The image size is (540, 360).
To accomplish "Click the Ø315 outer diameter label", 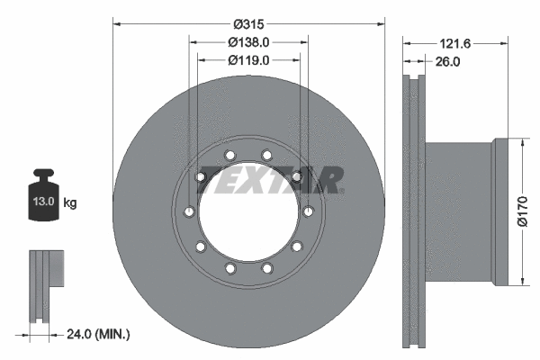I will click(x=249, y=22).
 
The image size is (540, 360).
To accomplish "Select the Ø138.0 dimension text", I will click(x=249, y=41).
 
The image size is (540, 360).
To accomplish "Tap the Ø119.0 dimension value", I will click(x=249, y=59).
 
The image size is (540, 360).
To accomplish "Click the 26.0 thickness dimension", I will click(x=447, y=62).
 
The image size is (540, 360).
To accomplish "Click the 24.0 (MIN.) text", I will click(x=100, y=334).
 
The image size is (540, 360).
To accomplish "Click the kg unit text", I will click(x=70, y=203).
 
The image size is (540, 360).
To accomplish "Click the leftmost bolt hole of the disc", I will click(x=188, y=212).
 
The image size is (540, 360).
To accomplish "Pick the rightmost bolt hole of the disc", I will click(x=309, y=211).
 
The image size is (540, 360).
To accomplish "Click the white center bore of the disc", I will click(x=249, y=216).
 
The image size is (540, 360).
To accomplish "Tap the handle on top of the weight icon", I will click(x=43, y=174).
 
